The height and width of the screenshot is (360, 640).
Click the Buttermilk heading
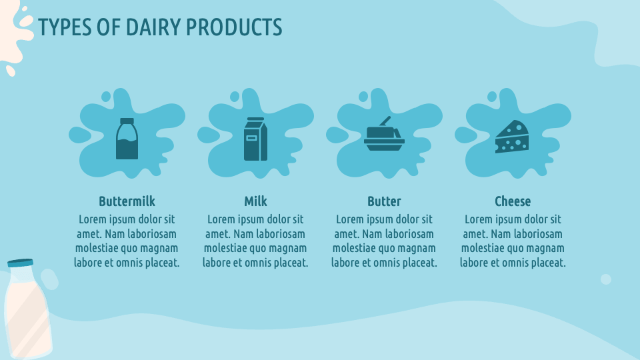[127, 201]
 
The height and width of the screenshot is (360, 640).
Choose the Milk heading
[255, 201]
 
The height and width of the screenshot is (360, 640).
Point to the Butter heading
[384, 201]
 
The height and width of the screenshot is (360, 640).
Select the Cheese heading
[513, 201]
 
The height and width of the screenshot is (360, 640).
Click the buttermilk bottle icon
[127, 139]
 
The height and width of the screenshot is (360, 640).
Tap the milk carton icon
[255, 139]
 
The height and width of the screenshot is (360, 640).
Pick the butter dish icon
[384, 137]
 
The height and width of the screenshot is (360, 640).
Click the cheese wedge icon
[512, 137]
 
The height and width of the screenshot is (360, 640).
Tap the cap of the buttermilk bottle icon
[127, 121]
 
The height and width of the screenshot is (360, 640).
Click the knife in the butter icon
[385, 121]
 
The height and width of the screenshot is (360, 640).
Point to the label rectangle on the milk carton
[251, 139]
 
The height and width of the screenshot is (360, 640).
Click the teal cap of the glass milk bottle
[20, 263]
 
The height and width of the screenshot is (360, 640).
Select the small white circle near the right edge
[606, 279]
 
